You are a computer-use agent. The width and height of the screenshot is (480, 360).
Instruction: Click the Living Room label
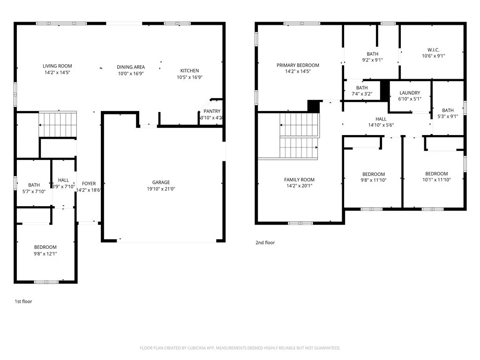point(57,66)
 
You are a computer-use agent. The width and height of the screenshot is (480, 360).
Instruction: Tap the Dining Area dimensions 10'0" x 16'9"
point(131,74)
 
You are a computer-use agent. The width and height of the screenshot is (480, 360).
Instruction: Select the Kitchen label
point(189,71)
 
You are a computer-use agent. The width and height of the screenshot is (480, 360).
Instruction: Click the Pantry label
point(212,111)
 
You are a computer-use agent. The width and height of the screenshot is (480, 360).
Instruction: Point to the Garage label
point(161,182)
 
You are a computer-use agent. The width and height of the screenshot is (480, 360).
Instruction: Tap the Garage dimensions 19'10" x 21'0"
point(161,189)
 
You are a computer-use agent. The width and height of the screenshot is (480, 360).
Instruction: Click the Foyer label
point(89,184)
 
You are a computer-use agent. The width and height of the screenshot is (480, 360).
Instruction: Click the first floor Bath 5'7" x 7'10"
point(34,188)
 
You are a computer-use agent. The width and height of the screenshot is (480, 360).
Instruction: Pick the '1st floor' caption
point(23,301)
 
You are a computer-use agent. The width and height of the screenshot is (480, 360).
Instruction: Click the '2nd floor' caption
point(265,243)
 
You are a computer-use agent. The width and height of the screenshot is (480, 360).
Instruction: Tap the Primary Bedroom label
point(298,65)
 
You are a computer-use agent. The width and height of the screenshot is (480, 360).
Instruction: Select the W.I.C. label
point(433,49)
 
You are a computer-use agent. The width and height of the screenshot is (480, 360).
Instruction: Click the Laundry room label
point(410,93)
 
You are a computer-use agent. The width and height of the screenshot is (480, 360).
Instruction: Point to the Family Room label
point(299,180)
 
